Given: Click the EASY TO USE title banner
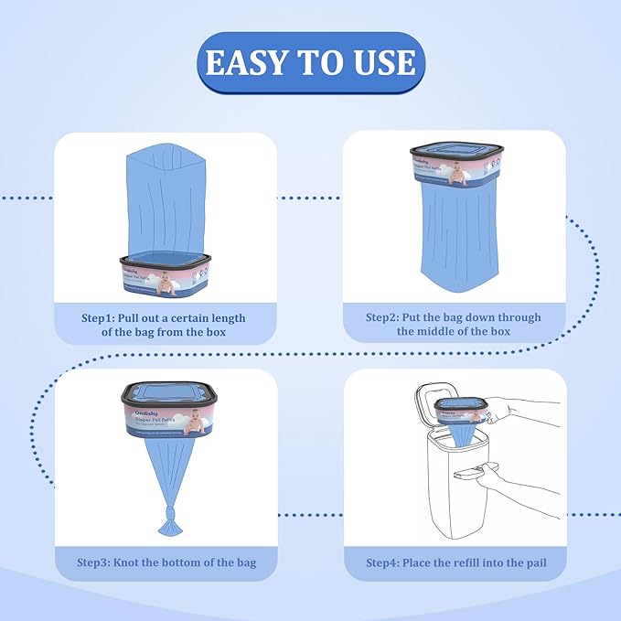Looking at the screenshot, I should click(310, 62).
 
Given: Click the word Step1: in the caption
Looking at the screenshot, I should click(102, 317).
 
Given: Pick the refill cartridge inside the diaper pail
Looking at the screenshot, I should click(458, 409).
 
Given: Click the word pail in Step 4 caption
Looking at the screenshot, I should click(531, 562).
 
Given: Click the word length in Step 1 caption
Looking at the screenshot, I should click(225, 317).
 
